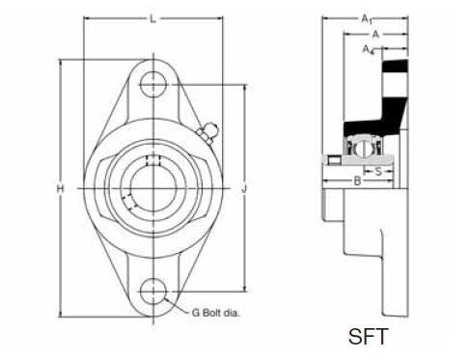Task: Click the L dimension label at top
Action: pyautogui.click(x=153, y=19)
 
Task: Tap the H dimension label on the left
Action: pyautogui.click(x=61, y=188)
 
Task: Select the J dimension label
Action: pyautogui.click(x=244, y=189)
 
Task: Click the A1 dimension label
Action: pyautogui.click(x=367, y=19)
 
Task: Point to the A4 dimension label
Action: pyautogui.click(x=369, y=49)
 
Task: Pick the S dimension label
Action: pyautogui.click(x=378, y=172)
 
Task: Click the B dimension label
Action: pyautogui.click(x=357, y=181)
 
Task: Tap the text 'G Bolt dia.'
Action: pyautogui.click(x=215, y=313)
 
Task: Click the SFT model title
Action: pyautogui.click(x=369, y=337)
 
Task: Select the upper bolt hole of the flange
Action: pyautogui.click(x=153, y=85)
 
